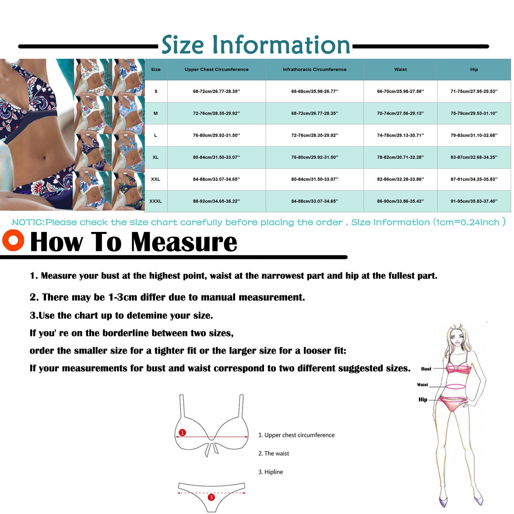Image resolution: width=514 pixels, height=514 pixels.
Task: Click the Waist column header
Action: [400, 69]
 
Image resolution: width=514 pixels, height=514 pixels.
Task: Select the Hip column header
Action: [474, 69]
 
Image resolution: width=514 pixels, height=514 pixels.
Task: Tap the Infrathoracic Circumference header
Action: [315, 69]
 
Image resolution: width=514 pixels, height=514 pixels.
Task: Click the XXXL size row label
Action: [155, 201]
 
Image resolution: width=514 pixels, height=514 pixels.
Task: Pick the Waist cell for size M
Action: [400, 113]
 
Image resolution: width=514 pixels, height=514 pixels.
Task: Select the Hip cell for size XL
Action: [474, 157]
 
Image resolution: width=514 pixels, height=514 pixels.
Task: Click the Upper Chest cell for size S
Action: [216, 92]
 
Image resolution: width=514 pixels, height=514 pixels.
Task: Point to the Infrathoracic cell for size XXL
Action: [315, 179]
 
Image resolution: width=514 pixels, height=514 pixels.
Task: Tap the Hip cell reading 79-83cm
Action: [474, 136]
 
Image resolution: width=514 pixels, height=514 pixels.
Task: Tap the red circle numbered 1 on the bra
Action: [182, 432]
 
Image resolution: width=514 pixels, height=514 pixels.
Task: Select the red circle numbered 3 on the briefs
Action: [211, 497]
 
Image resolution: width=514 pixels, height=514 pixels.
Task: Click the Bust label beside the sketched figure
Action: [426, 369]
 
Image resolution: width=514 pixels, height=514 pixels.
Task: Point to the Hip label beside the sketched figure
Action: [423, 400]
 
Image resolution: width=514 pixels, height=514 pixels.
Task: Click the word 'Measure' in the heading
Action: [184, 242]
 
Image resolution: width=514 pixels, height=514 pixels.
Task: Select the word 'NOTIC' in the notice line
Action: [28, 222]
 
